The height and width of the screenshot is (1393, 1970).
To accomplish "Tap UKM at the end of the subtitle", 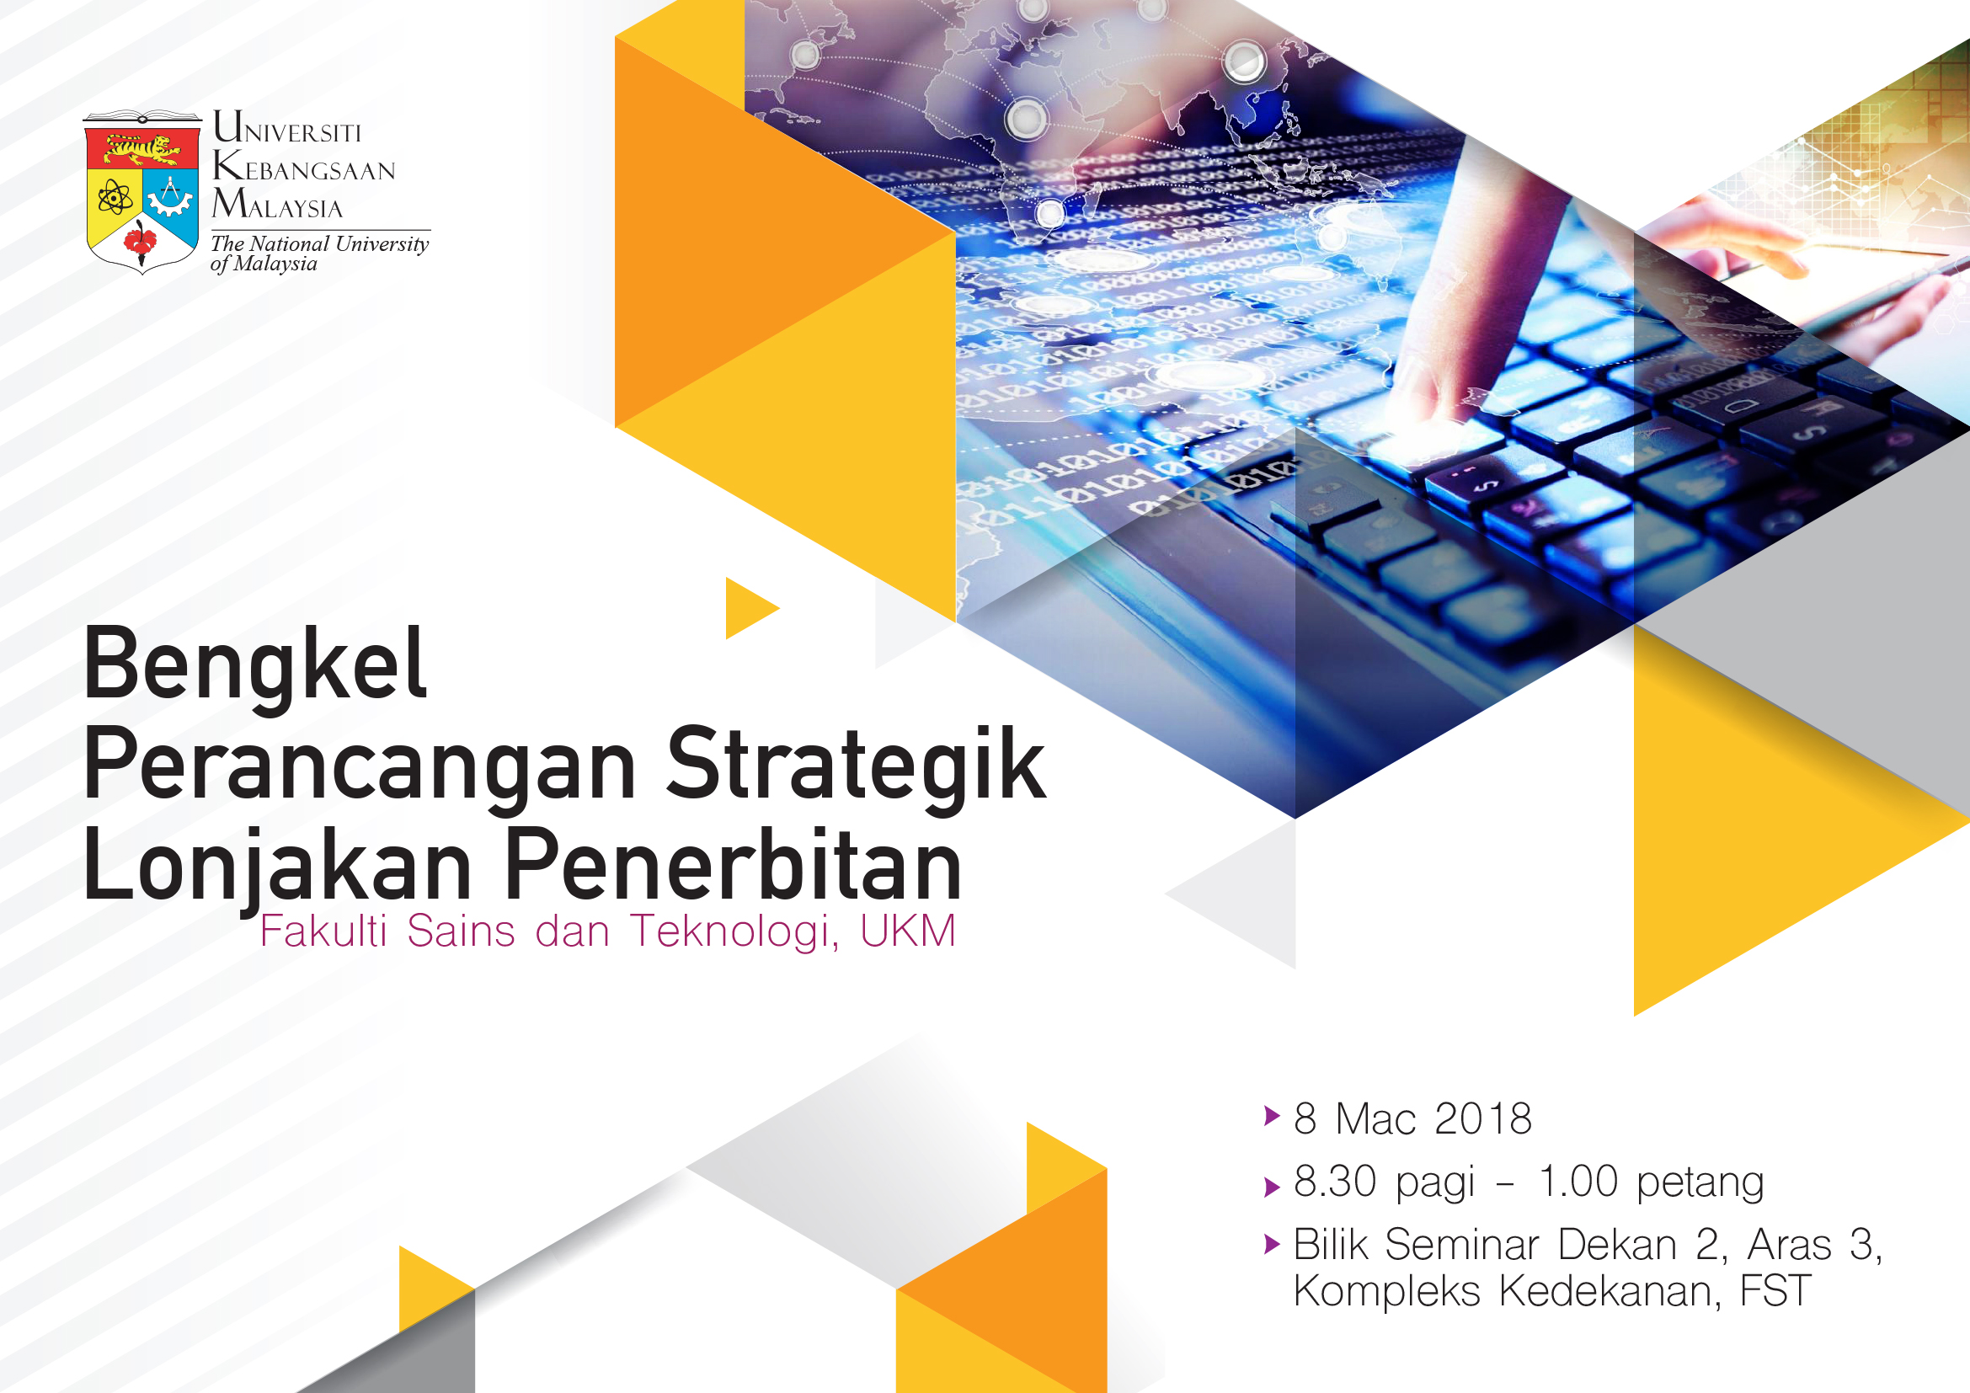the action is point(908,931).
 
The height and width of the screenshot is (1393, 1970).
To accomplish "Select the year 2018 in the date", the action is point(1482,1118).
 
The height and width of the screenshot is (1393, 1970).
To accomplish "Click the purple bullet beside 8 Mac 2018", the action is point(1273,1116).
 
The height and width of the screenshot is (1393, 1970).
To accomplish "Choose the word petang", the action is point(1700,1183).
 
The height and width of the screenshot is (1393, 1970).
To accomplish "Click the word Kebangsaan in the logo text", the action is point(304,166).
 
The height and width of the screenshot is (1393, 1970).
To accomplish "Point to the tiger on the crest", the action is point(141,150).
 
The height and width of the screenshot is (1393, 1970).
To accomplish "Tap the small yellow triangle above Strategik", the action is point(751,608).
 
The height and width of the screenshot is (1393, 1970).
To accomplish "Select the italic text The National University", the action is point(319,243).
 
